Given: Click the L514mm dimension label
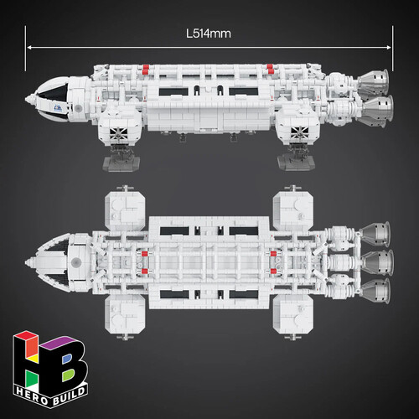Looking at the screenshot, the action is point(209,34).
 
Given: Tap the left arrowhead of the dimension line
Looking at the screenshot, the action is point(28,48).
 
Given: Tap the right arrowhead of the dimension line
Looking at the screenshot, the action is point(389,48).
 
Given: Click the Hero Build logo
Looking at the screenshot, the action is point(50,369).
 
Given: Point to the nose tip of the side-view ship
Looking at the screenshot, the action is point(26,99).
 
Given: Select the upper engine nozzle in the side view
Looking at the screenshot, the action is point(374,81).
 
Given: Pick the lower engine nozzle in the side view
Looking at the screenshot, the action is point(378,110).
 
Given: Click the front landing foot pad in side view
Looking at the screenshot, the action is point(122,164).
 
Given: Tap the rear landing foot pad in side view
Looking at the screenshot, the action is point(297,163).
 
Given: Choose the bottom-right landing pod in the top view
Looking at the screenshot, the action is point(293,314).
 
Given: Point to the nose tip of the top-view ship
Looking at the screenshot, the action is point(26,262).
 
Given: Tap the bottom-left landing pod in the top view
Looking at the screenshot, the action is point(125,314).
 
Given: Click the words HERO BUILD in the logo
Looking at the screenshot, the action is point(51,396).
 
